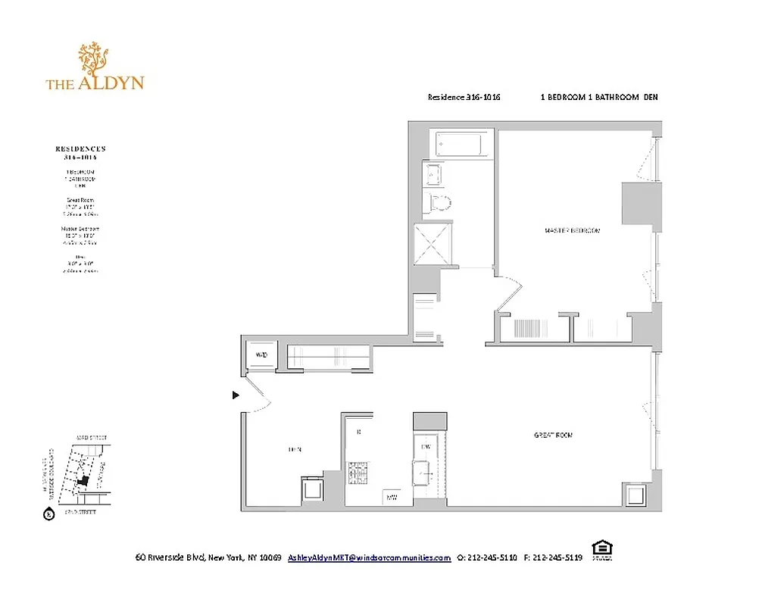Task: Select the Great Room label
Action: [x=553, y=435]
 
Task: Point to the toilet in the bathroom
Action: [x=439, y=202]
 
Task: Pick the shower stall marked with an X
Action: [x=434, y=244]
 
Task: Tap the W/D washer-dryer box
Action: [x=262, y=355]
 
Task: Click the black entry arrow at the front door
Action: [x=236, y=395]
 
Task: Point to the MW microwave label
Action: [x=392, y=497]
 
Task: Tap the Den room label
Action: [x=295, y=450]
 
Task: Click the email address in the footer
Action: [x=369, y=558]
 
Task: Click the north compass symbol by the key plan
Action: [x=49, y=515]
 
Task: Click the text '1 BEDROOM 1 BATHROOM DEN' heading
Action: [x=598, y=97]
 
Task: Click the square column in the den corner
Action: [x=313, y=490]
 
